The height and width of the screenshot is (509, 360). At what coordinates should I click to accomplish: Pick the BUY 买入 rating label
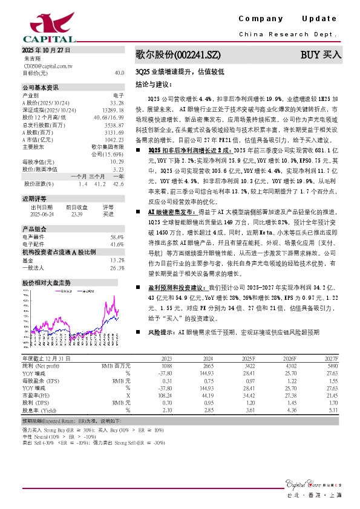[x=321, y=55]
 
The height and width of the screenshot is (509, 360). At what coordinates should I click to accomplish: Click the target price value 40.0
[x=119, y=73]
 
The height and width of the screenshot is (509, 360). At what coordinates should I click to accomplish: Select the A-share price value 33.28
[x=117, y=102]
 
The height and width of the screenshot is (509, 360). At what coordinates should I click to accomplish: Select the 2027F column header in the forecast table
[x=330, y=359]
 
